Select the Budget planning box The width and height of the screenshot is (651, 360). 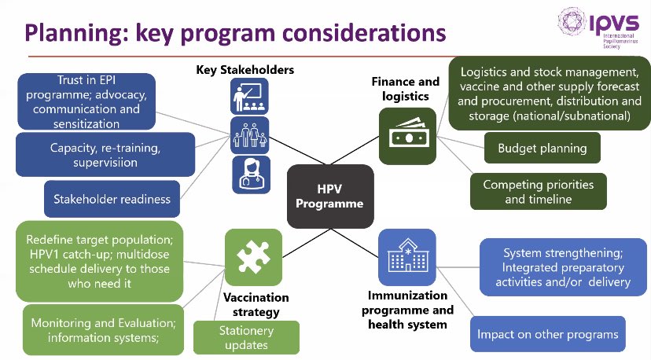pyautogui.click(x=542, y=147)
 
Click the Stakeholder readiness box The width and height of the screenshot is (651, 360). pyautogui.click(x=108, y=199)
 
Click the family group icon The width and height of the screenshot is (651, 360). pyautogui.click(x=250, y=135)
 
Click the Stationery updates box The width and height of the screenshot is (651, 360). pyautogui.click(x=246, y=338)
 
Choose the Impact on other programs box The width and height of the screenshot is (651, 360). pyautogui.click(x=547, y=334)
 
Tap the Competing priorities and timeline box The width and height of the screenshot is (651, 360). pyautogui.click(x=539, y=191)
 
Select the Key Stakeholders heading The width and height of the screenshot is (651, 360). pyautogui.click(x=245, y=70)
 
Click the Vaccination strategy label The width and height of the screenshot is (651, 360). pyautogui.click(x=256, y=305)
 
